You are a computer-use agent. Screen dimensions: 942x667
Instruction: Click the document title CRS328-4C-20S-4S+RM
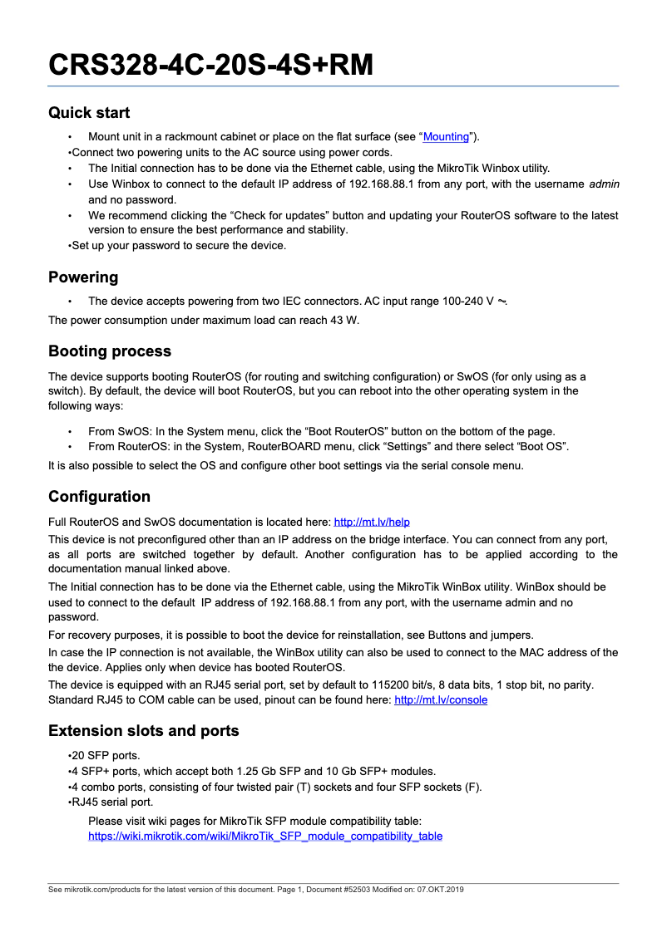point(210,65)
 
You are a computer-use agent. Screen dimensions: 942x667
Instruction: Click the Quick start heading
point(89,112)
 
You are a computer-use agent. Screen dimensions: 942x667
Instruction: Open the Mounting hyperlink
point(447,136)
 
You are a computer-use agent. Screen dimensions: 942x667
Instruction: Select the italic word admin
point(604,184)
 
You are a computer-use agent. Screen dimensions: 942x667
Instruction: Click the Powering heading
point(83,277)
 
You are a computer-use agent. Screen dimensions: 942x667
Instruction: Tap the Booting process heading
point(110,351)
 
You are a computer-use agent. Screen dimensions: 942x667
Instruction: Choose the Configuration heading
point(99,496)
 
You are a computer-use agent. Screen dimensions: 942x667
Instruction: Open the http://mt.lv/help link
point(372,522)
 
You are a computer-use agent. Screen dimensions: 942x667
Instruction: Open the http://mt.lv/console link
point(441,699)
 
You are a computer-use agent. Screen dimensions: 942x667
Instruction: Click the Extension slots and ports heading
point(143,730)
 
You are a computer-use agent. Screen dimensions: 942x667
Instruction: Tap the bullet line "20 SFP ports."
point(104,756)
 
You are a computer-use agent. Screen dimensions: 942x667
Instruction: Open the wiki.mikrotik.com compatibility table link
point(265,836)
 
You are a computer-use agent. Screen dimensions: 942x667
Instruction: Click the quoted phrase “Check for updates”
point(269,215)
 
